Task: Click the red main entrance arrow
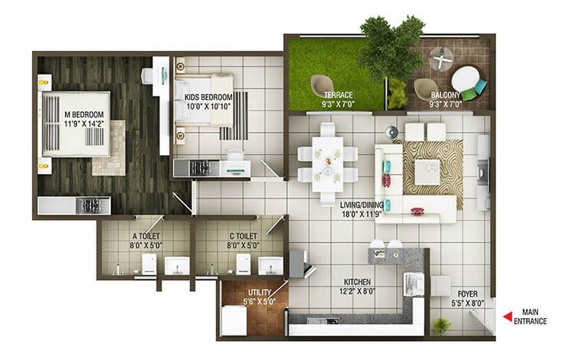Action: click(505, 317)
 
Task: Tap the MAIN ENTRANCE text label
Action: click(534, 317)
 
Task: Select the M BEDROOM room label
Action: click(83, 116)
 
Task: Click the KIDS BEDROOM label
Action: click(208, 98)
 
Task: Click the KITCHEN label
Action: click(358, 281)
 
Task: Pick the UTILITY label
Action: click(256, 293)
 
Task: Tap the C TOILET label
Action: click(243, 237)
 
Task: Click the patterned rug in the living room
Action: click(432, 163)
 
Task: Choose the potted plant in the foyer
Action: click(442, 326)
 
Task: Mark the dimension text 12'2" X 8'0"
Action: click(358, 291)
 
